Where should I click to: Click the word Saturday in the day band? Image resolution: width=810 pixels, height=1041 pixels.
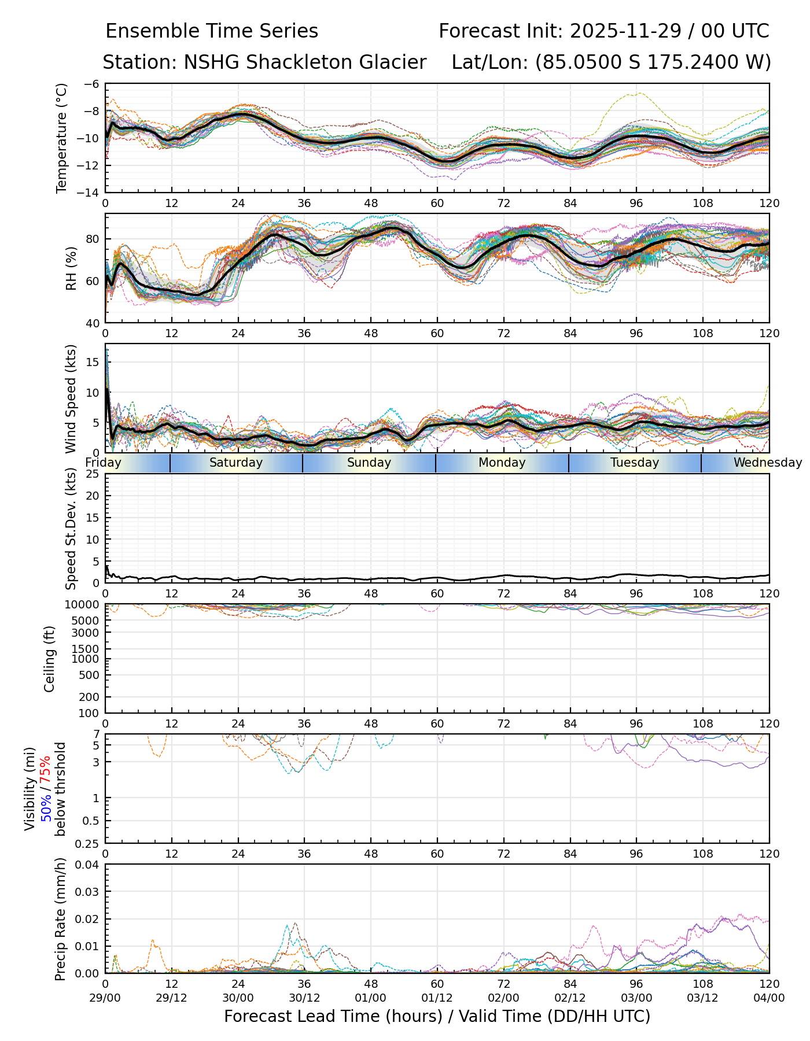click(236, 463)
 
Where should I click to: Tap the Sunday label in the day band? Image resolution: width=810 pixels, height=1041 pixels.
click(369, 463)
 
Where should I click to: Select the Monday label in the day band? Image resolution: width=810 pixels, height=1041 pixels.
click(502, 463)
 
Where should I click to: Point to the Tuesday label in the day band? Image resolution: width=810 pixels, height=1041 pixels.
click(635, 463)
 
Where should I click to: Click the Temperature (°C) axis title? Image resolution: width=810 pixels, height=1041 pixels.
click(62, 138)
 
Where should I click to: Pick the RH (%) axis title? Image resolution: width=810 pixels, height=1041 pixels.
click(71, 268)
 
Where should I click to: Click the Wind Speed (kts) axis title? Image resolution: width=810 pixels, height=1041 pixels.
click(71, 398)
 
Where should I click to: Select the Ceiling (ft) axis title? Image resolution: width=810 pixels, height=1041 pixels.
click(50, 659)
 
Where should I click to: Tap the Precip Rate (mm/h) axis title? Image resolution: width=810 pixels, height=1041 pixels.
click(61, 919)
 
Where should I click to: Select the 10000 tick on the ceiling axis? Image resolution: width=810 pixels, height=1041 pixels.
click(84, 605)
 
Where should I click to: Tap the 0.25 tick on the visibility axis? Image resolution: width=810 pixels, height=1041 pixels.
click(88, 843)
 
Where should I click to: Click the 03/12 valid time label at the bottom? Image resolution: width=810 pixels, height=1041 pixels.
click(702, 998)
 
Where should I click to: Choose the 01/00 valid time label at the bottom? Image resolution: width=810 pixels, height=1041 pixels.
click(370, 998)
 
